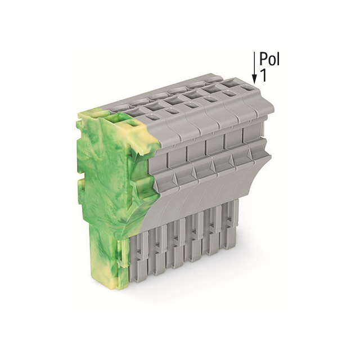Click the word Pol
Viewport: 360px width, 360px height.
pyautogui.click(x=269, y=59)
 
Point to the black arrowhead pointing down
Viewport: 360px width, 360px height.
pyautogui.click(x=254, y=79)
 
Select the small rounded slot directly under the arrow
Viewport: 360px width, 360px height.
pyautogui.click(x=247, y=88)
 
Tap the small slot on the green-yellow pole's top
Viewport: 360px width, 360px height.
pyautogui.click(x=133, y=125)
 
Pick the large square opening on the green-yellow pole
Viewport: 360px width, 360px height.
pyautogui.click(x=114, y=120)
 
